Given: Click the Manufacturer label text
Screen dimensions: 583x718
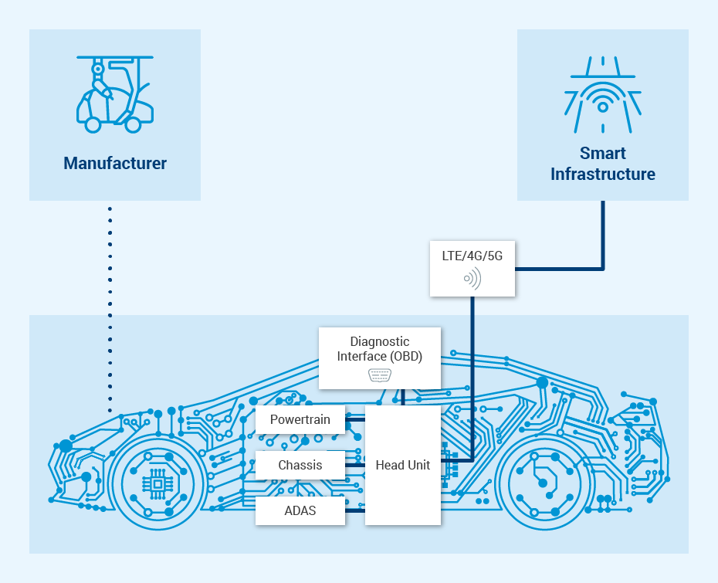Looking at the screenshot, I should [115, 164].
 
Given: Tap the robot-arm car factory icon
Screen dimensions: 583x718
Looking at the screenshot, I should [114, 93].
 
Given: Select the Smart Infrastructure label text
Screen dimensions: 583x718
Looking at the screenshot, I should [602, 164].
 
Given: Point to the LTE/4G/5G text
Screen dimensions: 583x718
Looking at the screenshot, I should [472, 256].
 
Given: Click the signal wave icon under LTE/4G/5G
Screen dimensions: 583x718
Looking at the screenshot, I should [472, 278].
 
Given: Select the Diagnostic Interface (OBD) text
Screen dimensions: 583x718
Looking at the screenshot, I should [379, 348].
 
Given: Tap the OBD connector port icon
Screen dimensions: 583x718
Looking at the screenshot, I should [379, 375].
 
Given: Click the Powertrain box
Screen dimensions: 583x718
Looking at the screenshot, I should [300, 420].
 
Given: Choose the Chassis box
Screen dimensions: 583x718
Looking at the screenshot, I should [300, 466].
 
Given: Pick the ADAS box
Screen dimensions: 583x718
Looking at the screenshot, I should [300, 510].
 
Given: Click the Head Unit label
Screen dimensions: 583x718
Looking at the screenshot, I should [402, 465].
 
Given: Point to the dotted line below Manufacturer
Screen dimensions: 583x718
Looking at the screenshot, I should [110, 309].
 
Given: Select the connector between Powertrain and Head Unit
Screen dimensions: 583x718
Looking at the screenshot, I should [355, 420].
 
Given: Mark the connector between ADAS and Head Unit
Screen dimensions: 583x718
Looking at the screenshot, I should [355, 510].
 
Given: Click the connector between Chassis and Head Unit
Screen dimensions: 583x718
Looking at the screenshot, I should [355, 466].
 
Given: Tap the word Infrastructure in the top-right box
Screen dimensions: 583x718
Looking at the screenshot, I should [602, 175].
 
